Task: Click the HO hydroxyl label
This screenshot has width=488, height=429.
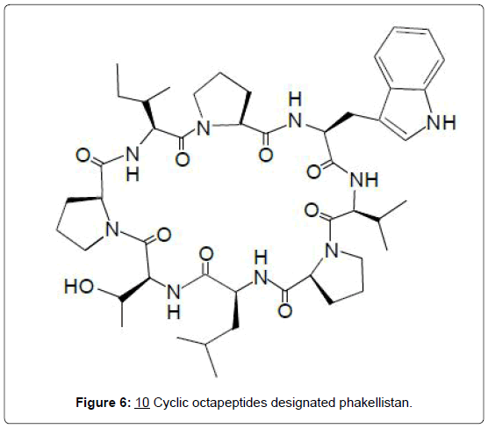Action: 79,287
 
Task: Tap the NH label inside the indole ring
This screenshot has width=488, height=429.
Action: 441,122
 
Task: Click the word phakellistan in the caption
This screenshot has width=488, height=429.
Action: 376,403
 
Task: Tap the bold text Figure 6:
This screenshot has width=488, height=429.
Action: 104,403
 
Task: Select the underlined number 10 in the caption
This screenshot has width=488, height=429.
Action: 142,403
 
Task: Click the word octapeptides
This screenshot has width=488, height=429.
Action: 230,403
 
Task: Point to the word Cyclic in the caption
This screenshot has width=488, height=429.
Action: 171,403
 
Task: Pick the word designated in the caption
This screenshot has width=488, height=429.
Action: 303,403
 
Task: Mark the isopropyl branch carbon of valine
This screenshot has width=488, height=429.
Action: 378,221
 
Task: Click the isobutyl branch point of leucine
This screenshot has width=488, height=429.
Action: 205,344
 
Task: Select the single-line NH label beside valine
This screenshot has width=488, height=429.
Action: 364,180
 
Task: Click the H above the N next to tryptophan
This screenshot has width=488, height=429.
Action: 295,99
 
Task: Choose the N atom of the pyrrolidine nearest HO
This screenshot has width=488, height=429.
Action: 112,229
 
